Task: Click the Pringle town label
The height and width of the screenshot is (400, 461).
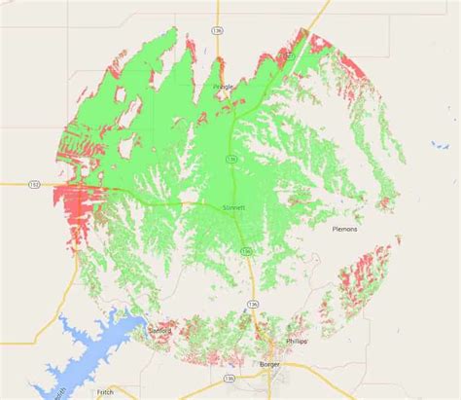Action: tap(224, 86)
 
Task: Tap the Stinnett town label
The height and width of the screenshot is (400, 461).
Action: tap(233, 207)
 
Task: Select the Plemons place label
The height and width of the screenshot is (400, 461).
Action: tap(345, 230)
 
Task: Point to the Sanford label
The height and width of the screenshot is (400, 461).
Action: tap(160, 331)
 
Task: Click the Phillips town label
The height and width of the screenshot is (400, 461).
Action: tap(297, 342)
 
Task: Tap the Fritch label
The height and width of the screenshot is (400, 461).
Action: tap(104, 391)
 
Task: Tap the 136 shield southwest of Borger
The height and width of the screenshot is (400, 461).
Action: tap(230, 377)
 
